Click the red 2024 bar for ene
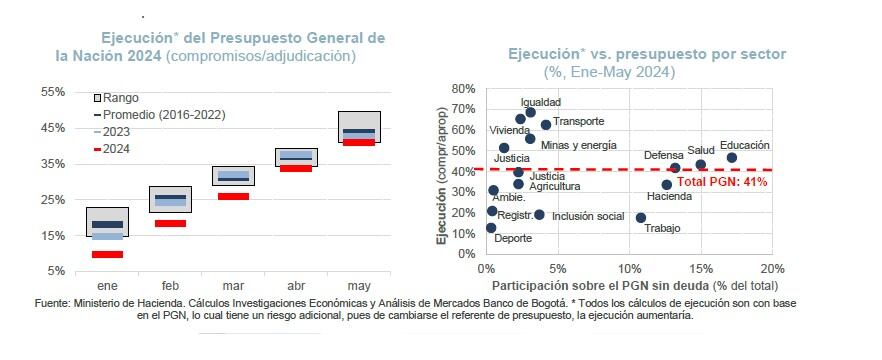tap(107, 254)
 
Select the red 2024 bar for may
tap(358, 142)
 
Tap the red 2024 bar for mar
tap(233, 196)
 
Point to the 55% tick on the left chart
tap(52, 92)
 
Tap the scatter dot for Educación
tap(731, 158)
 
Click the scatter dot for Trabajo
tap(641, 218)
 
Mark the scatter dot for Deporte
tap(491, 228)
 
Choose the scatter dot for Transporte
tap(546, 125)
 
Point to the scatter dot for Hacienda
tap(667, 184)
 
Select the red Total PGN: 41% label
tap(722, 182)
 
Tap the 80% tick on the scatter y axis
tap(462, 88)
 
